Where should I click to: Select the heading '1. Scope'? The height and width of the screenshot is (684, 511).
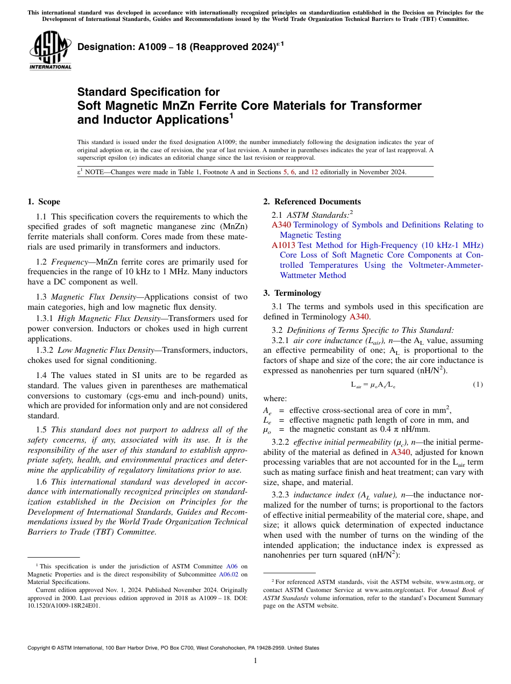pyautogui.click(x=44, y=202)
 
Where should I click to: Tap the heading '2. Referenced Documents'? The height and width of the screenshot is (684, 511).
pyautogui.click(x=312, y=202)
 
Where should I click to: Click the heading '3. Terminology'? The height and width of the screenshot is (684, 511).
pyautogui.click(x=292, y=293)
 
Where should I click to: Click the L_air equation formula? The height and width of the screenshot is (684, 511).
pyautogui.click(x=373, y=385)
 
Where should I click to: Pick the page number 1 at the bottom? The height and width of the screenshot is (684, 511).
pyautogui.click(x=256, y=661)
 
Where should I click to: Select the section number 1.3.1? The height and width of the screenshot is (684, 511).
pyautogui.click(x=45, y=318)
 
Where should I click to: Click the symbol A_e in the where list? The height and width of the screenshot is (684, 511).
pyautogui.click(x=267, y=410)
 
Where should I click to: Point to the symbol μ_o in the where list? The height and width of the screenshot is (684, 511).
pyautogui.click(x=267, y=430)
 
